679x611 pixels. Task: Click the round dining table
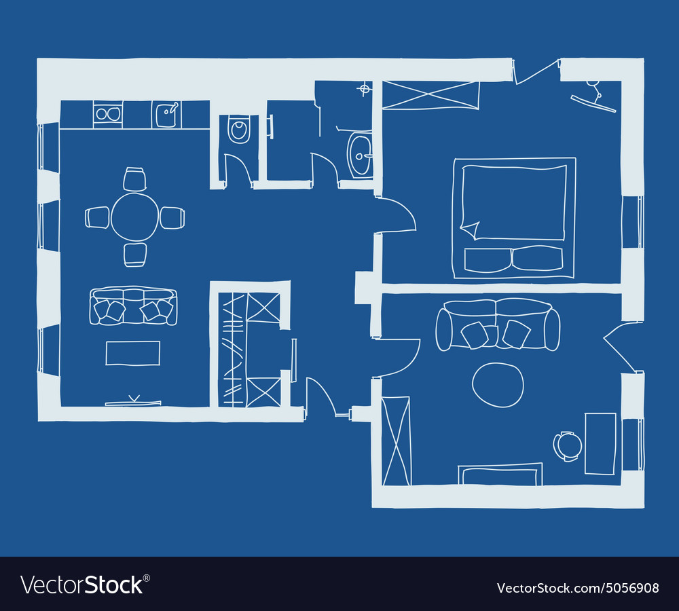click(134, 217)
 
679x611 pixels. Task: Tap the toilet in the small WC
click(238, 129)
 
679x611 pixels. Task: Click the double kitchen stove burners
click(107, 114)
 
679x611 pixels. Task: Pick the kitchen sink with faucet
click(166, 115)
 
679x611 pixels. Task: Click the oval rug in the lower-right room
click(498, 385)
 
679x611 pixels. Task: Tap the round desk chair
click(568, 446)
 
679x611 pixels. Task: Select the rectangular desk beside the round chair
click(600, 443)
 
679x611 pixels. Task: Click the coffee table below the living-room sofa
click(133, 353)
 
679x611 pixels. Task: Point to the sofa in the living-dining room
click(133, 307)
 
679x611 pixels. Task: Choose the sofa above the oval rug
click(498, 325)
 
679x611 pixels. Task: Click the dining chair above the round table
click(134, 179)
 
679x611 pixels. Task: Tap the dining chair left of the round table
click(97, 217)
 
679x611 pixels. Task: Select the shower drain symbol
click(365, 88)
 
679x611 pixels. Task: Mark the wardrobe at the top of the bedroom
click(430, 94)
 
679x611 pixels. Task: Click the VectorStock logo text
click(85, 585)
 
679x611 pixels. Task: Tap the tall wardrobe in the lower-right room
click(396, 441)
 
